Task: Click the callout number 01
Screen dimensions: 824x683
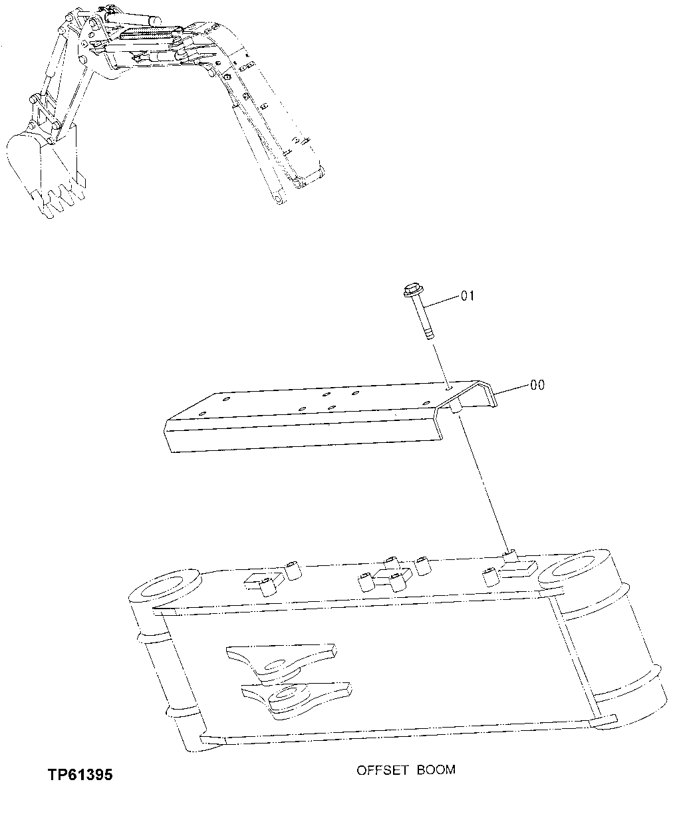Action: coord(468,295)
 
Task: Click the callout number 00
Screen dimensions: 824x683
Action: coord(537,385)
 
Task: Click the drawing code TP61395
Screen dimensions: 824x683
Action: coord(80,775)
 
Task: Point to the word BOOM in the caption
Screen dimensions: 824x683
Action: coord(436,770)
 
